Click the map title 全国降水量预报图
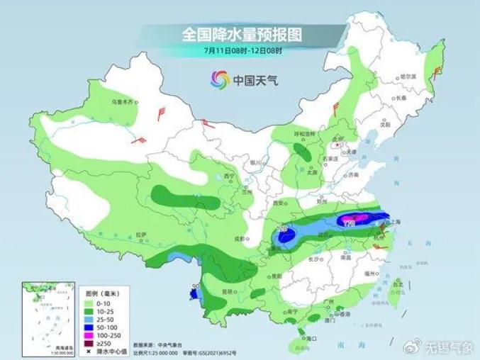pos(242,34)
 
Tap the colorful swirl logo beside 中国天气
pos(220,80)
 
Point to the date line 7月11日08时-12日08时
pos(242,51)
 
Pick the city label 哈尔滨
pos(407,76)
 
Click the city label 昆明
pos(227,291)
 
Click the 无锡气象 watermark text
pos(446,347)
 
